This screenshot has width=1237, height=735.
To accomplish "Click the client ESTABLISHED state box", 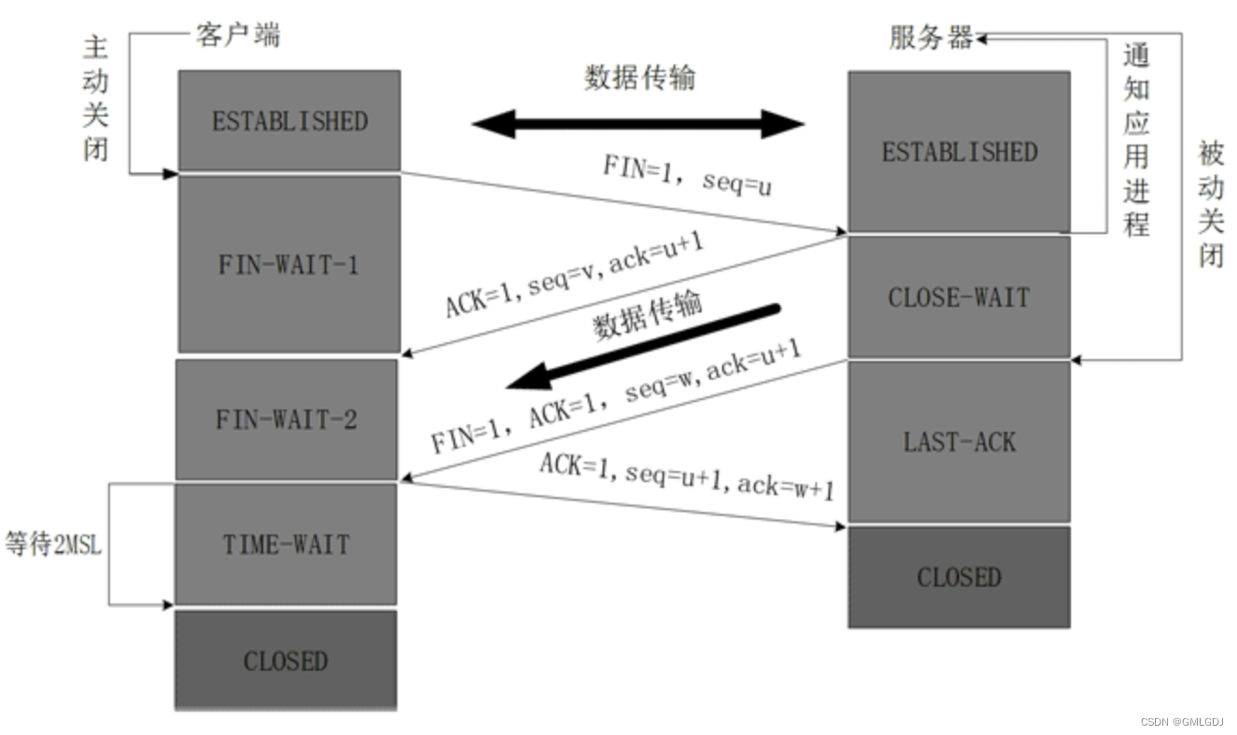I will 289,121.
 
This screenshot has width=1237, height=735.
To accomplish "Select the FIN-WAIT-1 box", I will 288,265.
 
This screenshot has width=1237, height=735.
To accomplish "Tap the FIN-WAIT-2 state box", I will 285,420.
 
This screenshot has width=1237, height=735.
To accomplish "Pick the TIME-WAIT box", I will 285,545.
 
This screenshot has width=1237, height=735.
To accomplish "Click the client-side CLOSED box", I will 285,661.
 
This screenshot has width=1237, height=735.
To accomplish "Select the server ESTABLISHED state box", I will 959,152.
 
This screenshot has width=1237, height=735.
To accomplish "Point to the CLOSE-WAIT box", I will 959,298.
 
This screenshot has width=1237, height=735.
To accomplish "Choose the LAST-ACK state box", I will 959,441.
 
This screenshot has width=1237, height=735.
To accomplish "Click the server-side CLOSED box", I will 959,577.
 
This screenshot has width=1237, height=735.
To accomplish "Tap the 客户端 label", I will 237,35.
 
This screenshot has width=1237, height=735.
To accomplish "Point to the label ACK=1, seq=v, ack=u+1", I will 574,273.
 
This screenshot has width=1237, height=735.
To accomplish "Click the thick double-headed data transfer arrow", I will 637,123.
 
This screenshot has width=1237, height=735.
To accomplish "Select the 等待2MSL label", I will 52,545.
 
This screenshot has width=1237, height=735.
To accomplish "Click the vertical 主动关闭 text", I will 96,98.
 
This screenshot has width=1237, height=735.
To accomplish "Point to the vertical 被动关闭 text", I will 1210,203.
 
